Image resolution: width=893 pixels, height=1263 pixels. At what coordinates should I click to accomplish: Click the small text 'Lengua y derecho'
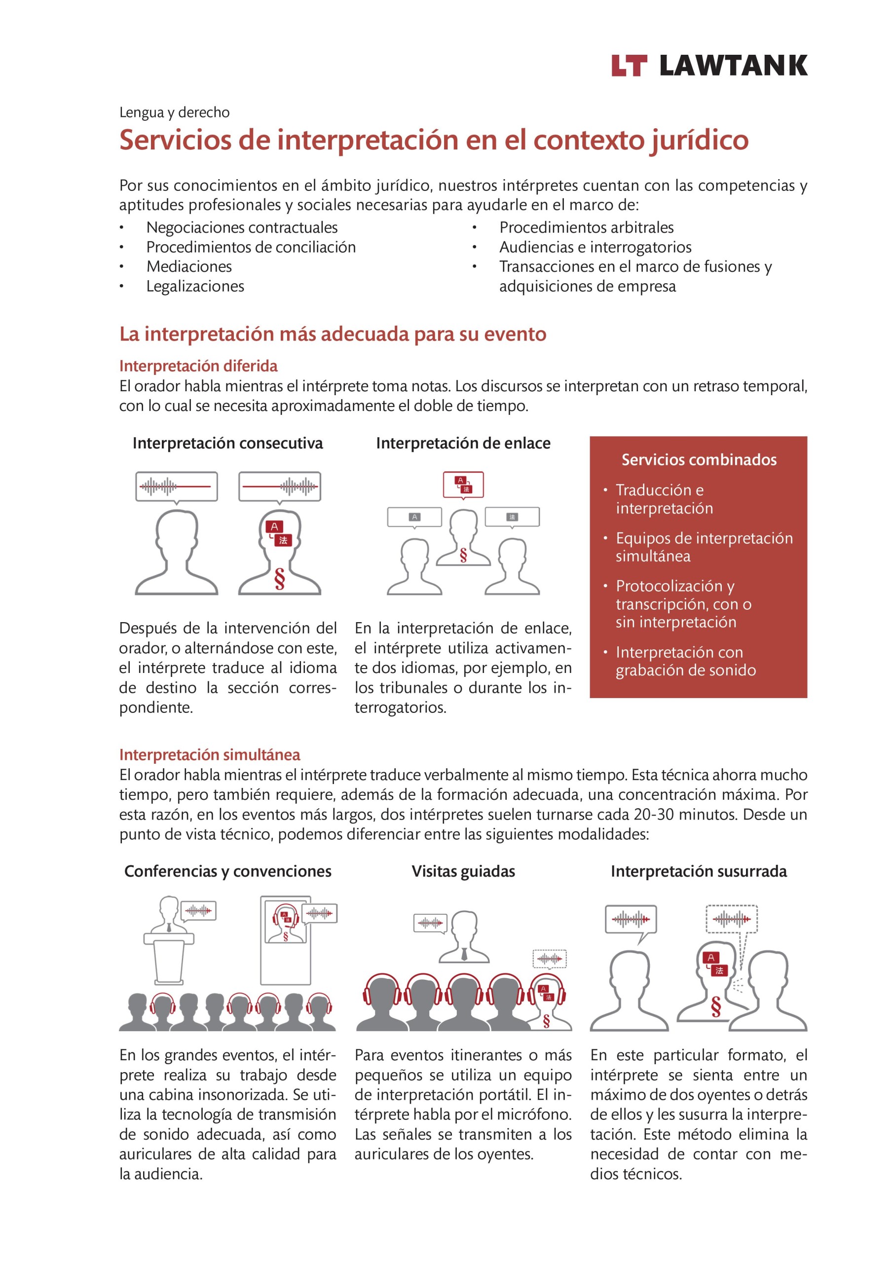(175, 113)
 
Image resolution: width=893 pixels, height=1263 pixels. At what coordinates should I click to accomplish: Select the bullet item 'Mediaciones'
(189, 267)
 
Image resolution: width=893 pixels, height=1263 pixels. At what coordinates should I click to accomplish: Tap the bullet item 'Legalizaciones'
(195, 287)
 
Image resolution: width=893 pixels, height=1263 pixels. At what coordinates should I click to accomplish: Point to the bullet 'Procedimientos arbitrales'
(586, 228)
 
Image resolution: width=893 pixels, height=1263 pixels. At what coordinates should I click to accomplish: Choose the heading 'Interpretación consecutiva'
(227, 444)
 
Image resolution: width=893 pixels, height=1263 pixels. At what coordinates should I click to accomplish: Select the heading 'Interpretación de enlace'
(463, 444)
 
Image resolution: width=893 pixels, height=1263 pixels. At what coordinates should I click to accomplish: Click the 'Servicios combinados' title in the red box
(698, 460)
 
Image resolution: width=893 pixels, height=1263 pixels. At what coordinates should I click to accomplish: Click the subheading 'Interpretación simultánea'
(210, 755)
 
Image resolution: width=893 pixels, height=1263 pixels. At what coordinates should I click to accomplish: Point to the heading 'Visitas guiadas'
(463, 871)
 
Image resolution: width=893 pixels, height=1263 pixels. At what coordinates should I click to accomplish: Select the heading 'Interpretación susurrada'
(698, 871)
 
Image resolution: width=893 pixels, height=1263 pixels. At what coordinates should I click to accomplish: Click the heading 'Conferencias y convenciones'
(228, 871)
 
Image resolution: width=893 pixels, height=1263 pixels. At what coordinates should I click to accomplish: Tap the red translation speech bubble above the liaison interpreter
(463, 484)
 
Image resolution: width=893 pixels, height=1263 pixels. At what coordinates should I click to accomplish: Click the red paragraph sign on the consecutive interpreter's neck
(280, 579)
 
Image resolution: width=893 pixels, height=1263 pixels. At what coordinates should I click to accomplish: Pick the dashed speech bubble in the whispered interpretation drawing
(731, 919)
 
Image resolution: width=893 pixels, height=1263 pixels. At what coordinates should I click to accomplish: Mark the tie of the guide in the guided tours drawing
(464, 954)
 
